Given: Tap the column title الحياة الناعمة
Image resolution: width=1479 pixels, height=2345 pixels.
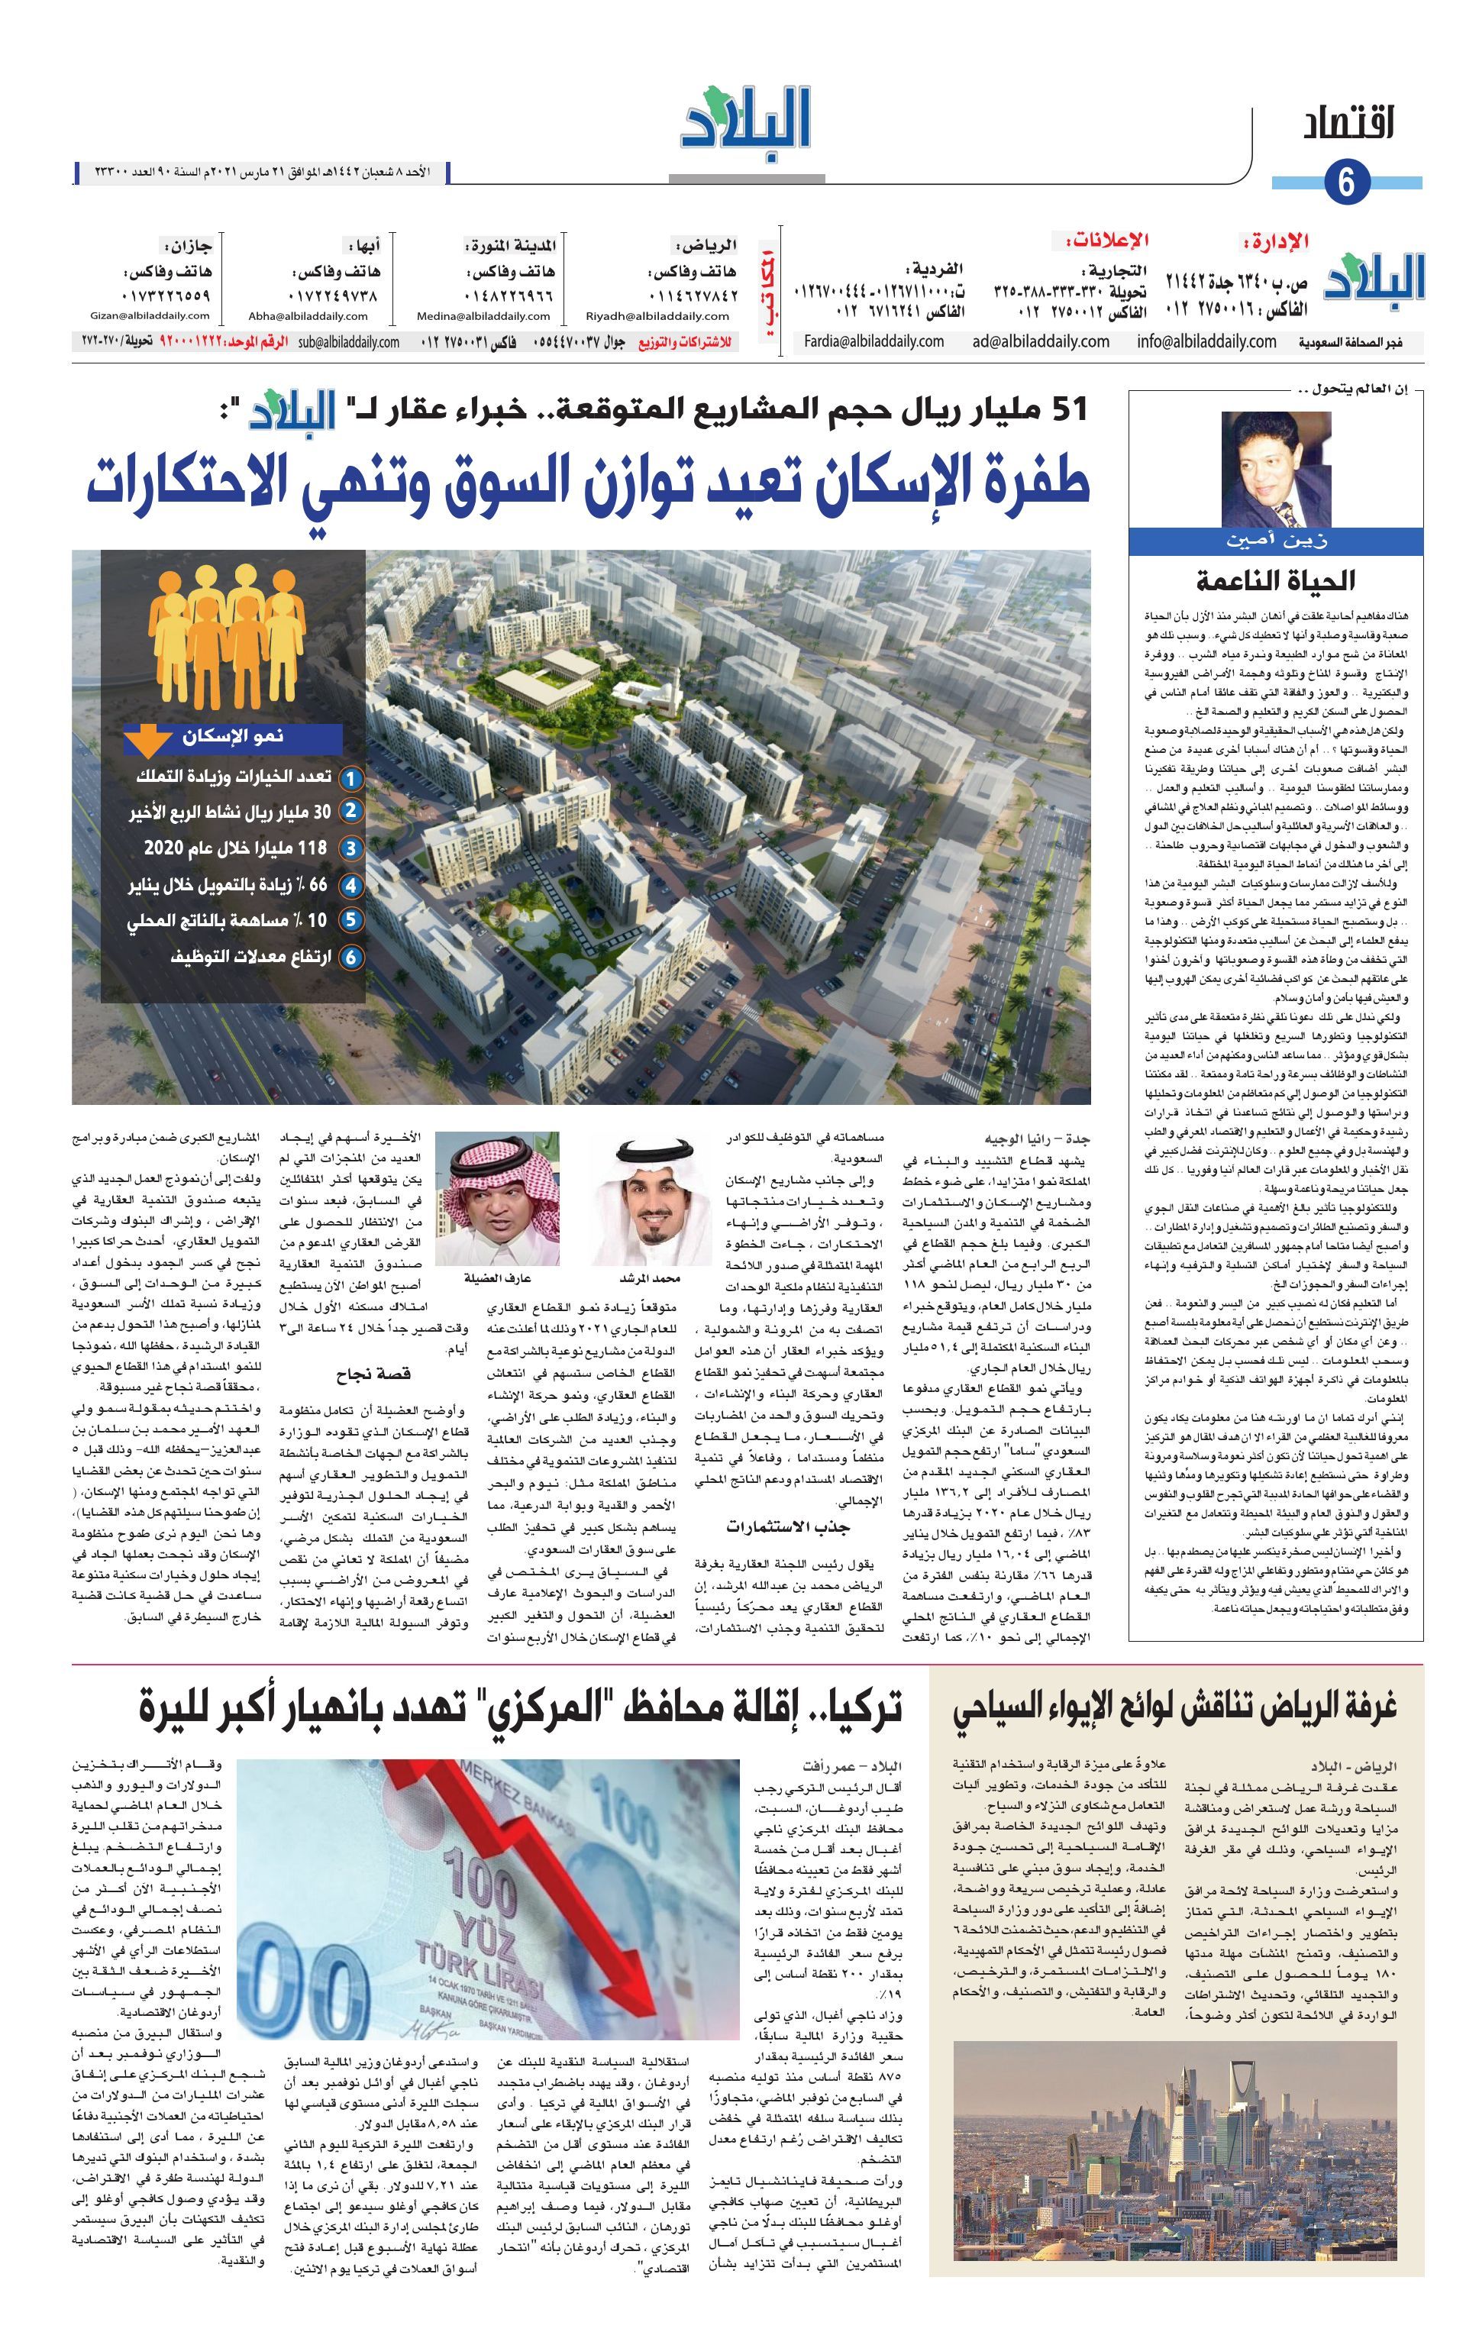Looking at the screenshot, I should [x=1274, y=581].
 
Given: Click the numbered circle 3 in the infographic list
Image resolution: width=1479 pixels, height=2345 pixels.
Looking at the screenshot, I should [x=350, y=848].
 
